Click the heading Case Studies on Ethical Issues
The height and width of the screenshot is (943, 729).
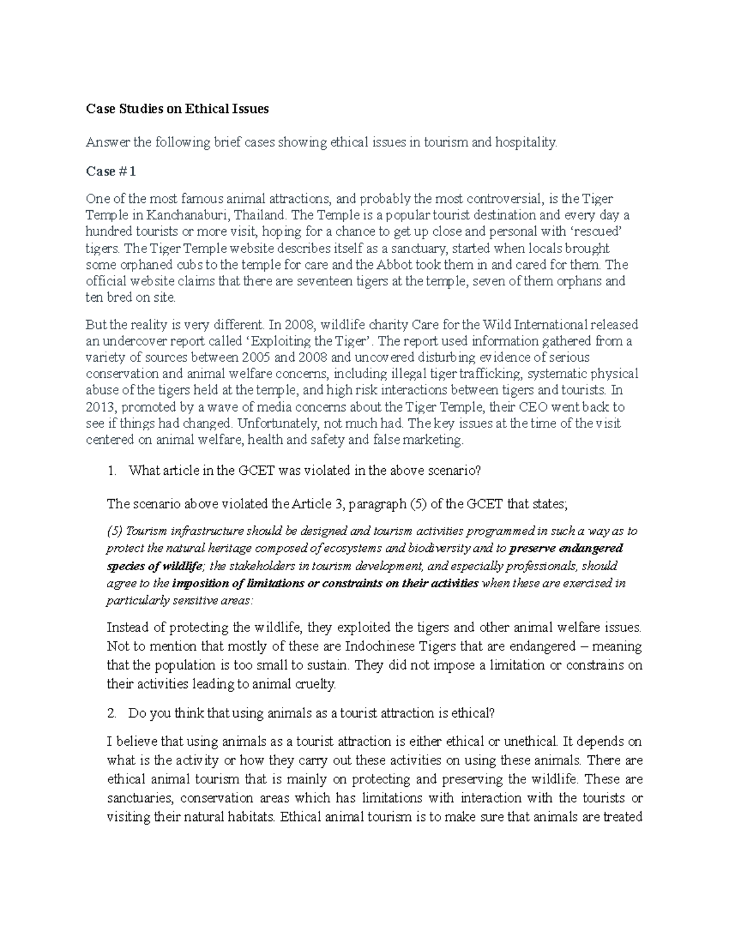point(177,109)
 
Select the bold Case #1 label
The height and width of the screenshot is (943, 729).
point(111,171)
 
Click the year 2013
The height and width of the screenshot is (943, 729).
point(99,407)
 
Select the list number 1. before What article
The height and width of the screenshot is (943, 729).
point(111,471)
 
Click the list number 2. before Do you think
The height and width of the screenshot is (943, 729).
point(111,713)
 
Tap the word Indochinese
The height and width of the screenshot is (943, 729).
point(382,646)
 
